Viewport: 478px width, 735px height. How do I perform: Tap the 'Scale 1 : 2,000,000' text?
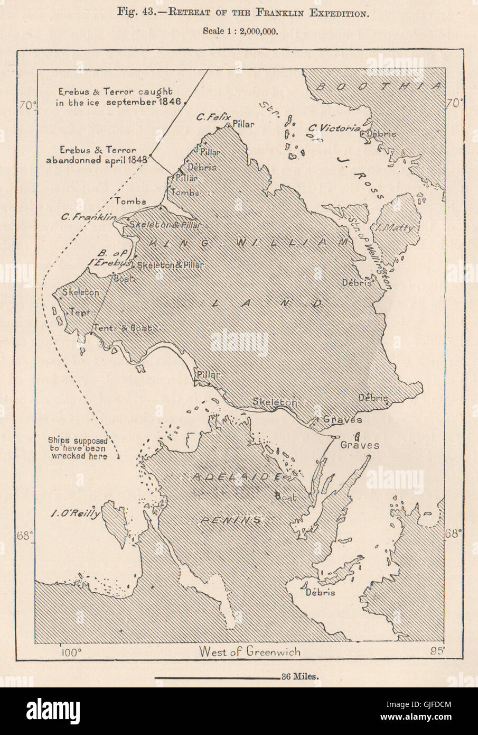240,31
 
